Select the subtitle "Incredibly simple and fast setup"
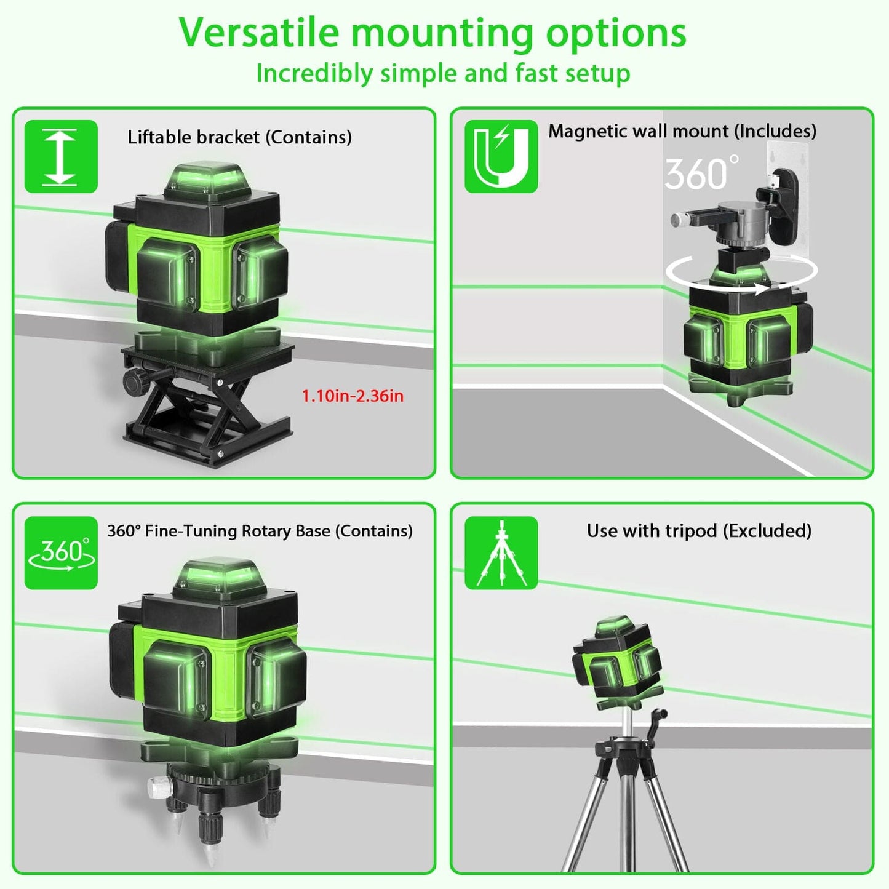(x=443, y=73)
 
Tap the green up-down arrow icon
(x=60, y=156)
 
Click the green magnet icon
(x=501, y=156)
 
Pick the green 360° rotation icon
(x=61, y=552)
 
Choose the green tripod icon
(x=501, y=552)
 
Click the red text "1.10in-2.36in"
(x=353, y=396)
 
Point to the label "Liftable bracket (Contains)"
(x=239, y=137)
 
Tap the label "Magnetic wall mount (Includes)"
(x=682, y=131)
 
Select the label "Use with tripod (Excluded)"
(x=699, y=531)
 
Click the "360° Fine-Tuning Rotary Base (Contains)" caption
(x=260, y=531)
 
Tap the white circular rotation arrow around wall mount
(x=741, y=271)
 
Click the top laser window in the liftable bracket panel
(x=206, y=178)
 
